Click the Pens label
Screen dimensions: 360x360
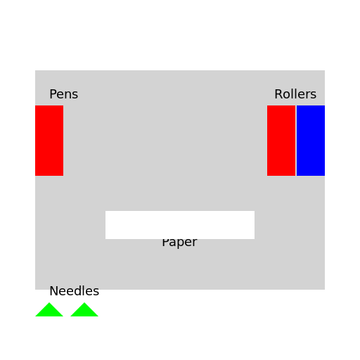pyautogui.click(x=63, y=94)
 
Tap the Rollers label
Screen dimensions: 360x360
pyautogui.click(x=295, y=94)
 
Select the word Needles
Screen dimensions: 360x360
pyautogui.click(x=75, y=291)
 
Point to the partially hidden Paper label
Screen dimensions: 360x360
pyautogui.click(x=179, y=243)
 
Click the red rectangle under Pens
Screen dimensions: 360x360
pyautogui.click(x=49, y=141)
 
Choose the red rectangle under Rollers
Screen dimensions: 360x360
pyautogui.click(x=281, y=141)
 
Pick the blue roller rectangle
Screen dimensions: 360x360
pyautogui.click(x=311, y=141)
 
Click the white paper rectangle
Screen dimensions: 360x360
pyautogui.click(x=180, y=225)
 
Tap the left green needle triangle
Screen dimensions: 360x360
pyautogui.click(x=49, y=311)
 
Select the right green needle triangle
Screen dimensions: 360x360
pyautogui.click(x=84, y=311)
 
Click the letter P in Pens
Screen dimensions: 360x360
pyautogui.click(x=53, y=94)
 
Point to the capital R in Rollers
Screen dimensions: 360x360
pyautogui.click(x=278, y=94)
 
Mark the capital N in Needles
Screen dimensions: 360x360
pyautogui.click(x=53, y=291)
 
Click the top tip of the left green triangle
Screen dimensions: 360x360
pyautogui.click(x=49, y=302)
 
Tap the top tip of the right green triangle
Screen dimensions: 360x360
pyautogui.click(x=84, y=302)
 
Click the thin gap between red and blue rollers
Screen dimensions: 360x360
pyautogui.click(x=296, y=141)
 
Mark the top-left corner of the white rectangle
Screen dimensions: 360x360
pyautogui.click(x=105, y=211)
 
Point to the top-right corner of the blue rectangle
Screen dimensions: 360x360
pyautogui.click(x=325, y=105)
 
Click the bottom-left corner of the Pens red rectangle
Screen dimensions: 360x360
pyautogui.click(x=35, y=176)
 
